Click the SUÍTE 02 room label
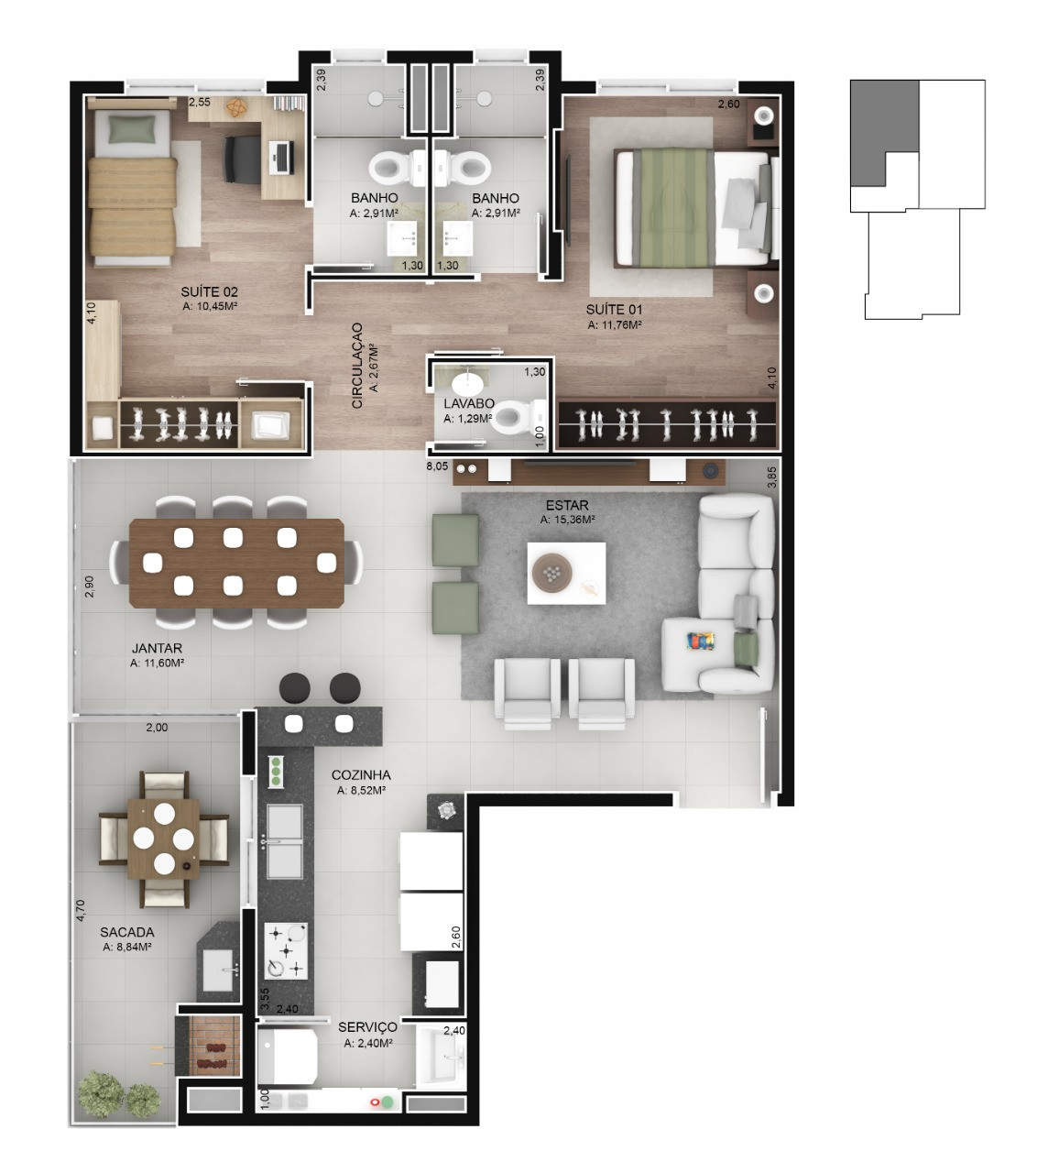point(209,291)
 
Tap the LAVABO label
point(469,403)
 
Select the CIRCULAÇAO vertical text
point(357,366)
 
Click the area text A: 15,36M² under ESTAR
point(568,520)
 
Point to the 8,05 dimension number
point(437,466)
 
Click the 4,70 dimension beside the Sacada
point(81,910)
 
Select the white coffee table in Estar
point(566,573)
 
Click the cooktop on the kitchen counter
point(286,951)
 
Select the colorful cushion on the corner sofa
point(700,641)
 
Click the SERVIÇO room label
point(367,1027)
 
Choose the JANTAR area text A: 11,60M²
point(157,663)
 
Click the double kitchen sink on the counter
point(284,840)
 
